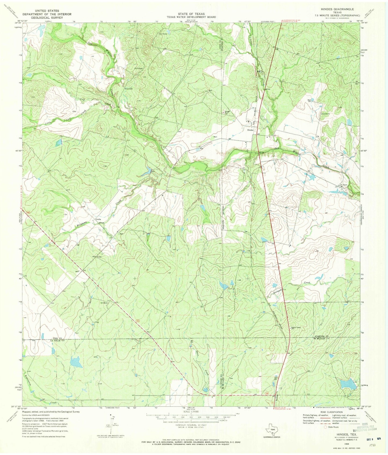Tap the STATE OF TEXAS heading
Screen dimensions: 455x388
(x=191, y=14)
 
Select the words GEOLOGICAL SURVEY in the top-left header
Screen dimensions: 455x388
(x=47, y=18)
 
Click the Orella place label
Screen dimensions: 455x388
(x=98, y=219)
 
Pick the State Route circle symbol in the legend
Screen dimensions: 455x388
(x=326, y=427)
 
